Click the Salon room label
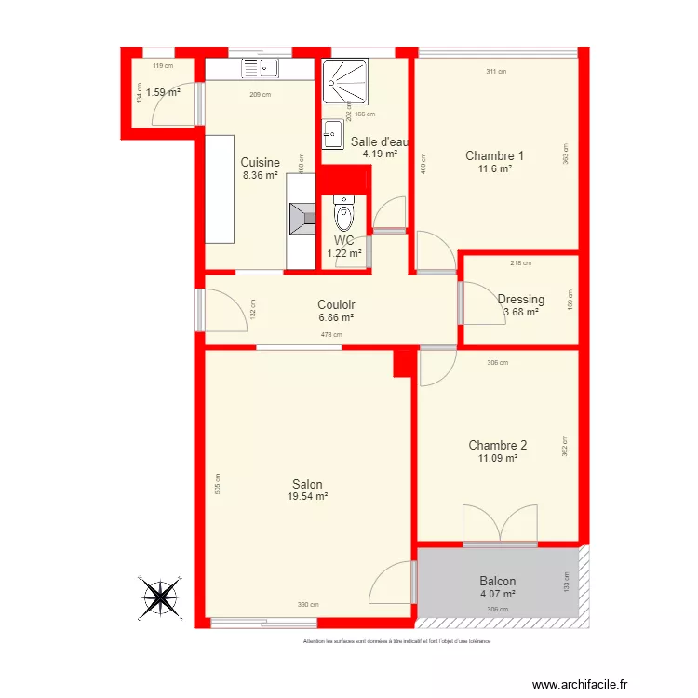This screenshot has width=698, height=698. [x=307, y=484]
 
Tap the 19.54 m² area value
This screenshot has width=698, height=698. [x=307, y=497]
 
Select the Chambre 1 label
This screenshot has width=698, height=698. [x=494, y=155]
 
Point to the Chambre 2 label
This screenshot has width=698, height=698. [x=497, y=445]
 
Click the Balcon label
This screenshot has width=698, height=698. [x=497, y=582]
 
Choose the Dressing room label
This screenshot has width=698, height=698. [x=520, y=300]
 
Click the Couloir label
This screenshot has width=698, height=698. [x=336, y=304]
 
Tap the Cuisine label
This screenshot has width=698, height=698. [x=260, y=162]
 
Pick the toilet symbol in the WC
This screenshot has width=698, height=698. [x=343, y=216]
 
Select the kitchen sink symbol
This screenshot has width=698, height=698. [x=262, y=67]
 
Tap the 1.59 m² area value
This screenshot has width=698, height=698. [x=163, y=92]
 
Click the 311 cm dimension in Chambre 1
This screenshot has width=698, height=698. [x=496, y=72]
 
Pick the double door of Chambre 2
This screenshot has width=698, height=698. [x=500, y=524]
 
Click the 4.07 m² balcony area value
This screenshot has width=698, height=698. [x=497, y=594]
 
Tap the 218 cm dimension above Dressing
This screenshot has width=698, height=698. [x=521, y=263]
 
